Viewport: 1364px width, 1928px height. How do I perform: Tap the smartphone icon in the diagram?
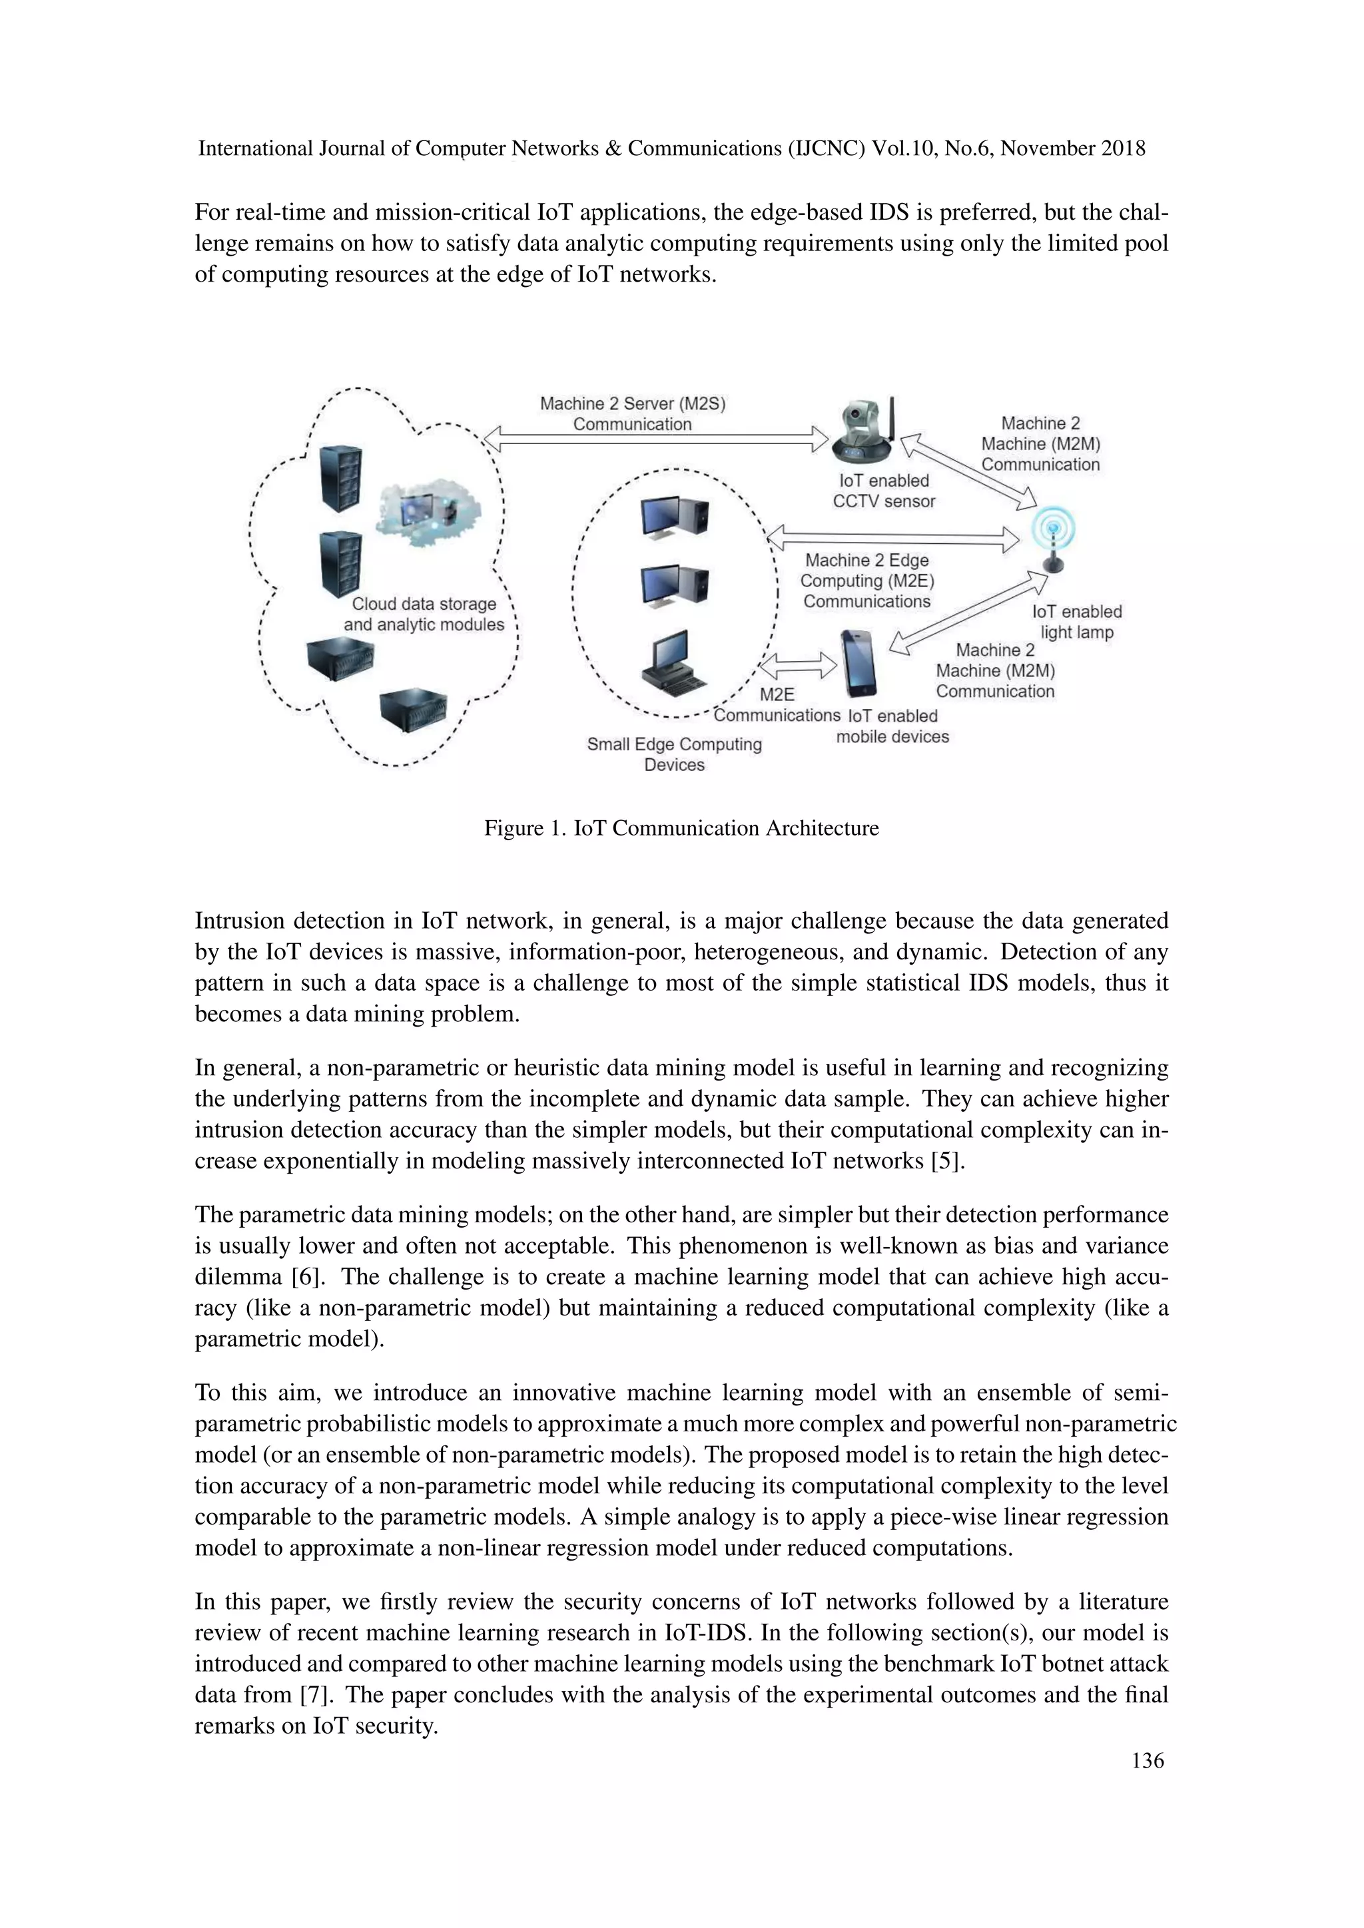point(858,663)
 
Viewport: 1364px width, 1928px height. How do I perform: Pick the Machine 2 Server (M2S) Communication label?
point(633,414)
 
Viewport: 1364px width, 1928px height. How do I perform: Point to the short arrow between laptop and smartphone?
point(799,666)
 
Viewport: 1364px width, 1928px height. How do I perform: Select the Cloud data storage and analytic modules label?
point(424,614)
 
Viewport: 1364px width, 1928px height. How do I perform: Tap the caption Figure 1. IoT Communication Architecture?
point(681,828)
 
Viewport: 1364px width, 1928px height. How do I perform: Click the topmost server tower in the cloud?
point(342,479)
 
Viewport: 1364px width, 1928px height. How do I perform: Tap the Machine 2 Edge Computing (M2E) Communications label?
point(866,581)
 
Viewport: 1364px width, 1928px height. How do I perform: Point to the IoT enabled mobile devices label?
point(892,726)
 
